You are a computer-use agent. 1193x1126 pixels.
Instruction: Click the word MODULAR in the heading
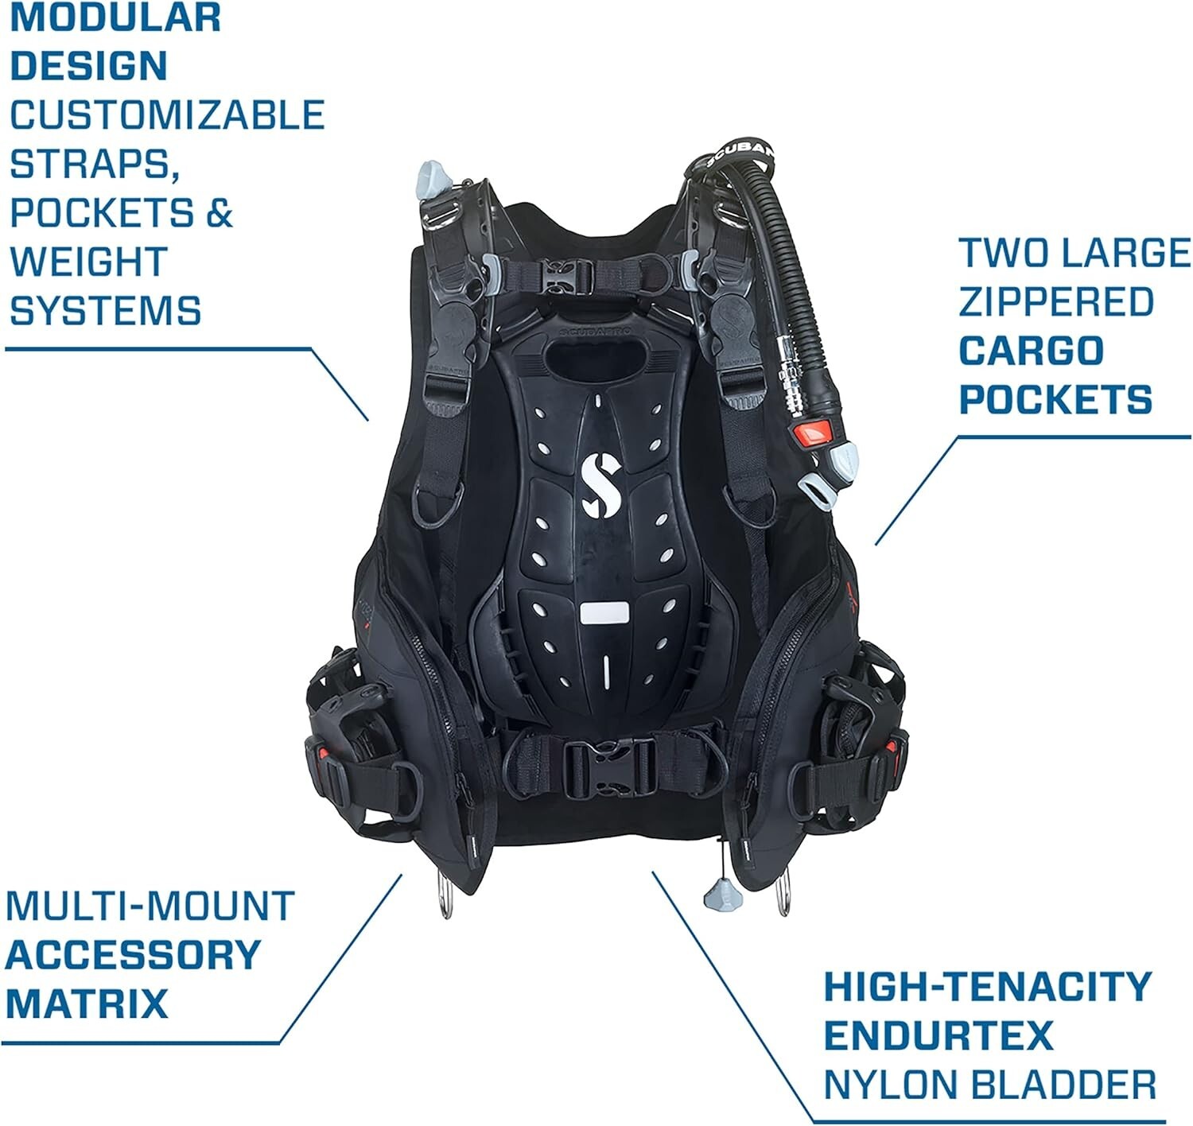coord(115,17)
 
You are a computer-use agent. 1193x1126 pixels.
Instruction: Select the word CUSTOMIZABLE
coord(167,115)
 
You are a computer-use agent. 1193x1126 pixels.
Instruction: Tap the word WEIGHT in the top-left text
coord(88,262)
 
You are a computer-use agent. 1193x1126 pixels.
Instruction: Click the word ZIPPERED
coord(1055,302)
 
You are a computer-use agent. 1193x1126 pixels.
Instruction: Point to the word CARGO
coord(1031,351)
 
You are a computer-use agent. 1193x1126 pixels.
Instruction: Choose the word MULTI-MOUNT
coord(150,907)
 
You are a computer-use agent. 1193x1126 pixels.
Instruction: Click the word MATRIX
coord(87,1004)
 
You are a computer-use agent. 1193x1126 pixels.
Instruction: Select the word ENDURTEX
coord(938,1035)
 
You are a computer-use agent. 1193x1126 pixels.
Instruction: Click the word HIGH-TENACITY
coord(987,987)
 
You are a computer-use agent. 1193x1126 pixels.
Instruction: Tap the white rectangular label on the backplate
coord(604,613)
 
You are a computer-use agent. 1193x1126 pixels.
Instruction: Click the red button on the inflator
coord(813,433)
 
